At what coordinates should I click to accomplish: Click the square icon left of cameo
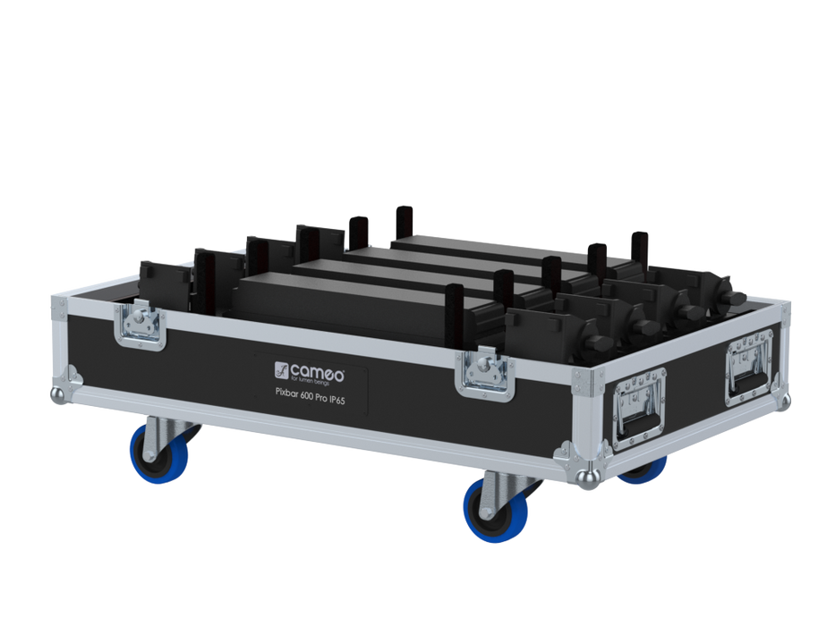click(281, 368)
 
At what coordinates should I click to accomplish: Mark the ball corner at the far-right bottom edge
click(785, 401)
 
